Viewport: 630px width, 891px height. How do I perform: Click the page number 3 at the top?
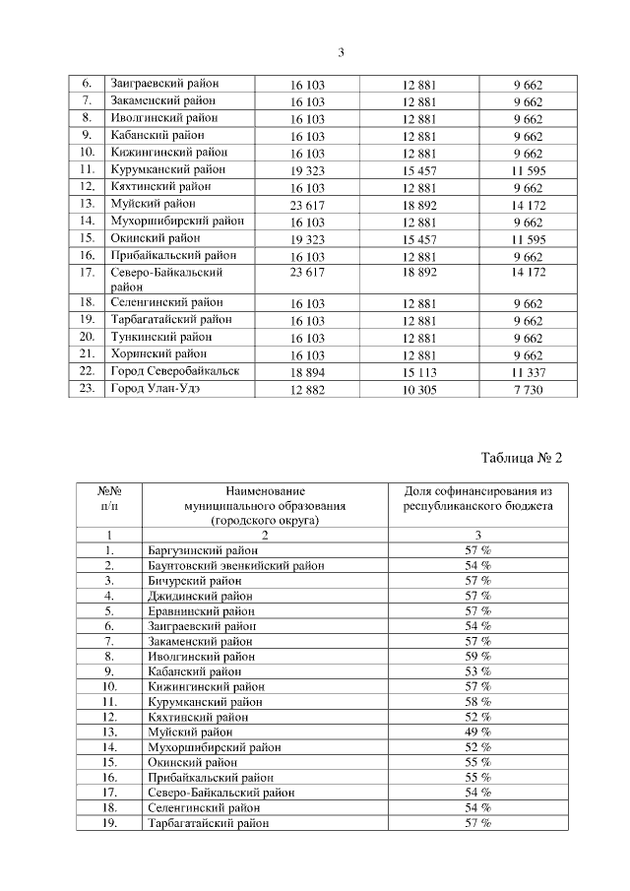340,52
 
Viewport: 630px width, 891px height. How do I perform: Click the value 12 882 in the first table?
307,389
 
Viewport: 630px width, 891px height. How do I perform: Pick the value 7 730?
527,389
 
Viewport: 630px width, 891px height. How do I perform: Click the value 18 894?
307,372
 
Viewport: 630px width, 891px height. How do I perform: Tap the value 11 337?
527,372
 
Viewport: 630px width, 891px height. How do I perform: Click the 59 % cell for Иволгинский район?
478,655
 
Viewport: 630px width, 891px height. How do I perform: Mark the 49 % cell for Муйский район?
478,732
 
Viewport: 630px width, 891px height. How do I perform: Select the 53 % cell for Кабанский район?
478,670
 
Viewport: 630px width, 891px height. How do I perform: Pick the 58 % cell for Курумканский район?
478,701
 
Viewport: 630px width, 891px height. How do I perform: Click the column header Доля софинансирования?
478,497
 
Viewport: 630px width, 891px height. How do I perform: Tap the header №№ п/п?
110,497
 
